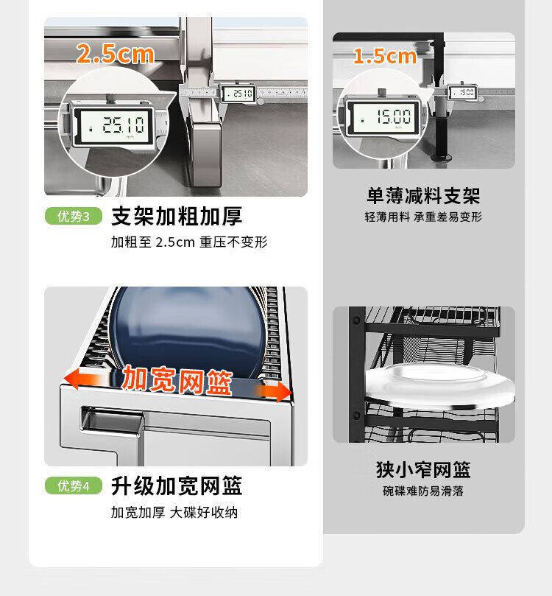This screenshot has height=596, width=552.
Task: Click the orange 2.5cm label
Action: tap(116, 54)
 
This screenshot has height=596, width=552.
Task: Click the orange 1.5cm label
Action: tap(385, 56)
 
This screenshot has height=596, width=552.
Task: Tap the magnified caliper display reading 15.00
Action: tap(383, 116)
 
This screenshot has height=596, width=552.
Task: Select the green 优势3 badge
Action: tap(74, 217)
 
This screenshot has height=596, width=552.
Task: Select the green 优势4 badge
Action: tap(74, 485)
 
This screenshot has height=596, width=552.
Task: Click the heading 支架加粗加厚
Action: tap(177, 217)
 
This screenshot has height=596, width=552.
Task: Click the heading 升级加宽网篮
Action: tap(177, 485)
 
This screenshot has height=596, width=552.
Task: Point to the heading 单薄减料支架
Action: tap(424, 196)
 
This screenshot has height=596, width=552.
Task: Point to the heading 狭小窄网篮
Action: tap(424, 470)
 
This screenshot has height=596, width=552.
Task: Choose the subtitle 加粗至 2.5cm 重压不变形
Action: tap(189, 242)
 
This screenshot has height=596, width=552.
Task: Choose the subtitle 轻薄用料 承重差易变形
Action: tap(423, 217)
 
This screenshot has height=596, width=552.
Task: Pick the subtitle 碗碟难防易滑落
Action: tap(423, 491)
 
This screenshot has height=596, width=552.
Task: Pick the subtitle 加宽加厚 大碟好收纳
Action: tap(174, 512)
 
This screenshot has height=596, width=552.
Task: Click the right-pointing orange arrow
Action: tap(274, 391)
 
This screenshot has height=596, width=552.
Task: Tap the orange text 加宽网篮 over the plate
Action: tap(177, 380)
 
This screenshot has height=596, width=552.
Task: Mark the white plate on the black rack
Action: tap(439, 383)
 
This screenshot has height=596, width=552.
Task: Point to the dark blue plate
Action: tap(188, 331)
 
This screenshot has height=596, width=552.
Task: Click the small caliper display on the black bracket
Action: tap(463, 92)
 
